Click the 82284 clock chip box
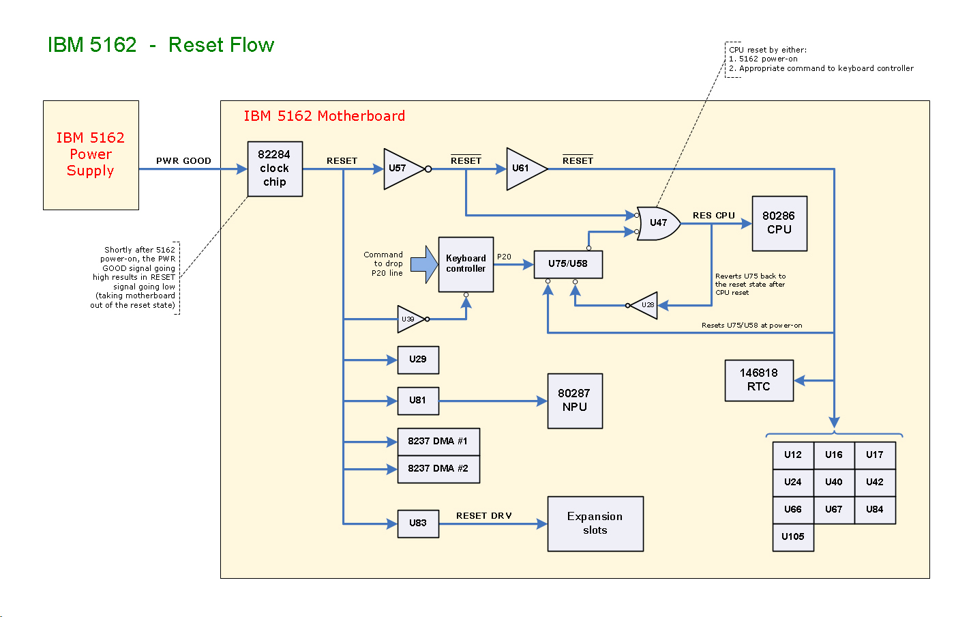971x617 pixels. tap(275, 169)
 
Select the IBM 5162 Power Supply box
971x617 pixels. tap(91, 155)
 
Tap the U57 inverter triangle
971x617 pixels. tap(402, 169)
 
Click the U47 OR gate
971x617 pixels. tap(657, 223)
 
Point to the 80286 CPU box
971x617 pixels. tap(779, 223)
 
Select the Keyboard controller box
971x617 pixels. tap(466, 264)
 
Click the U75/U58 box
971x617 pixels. tap(568, 264)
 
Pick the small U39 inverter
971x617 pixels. tap(409, 319)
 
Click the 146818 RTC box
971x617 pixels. tap(759, 380)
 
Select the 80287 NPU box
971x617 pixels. tap(575, 401)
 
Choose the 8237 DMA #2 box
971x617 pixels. tap(438, 469)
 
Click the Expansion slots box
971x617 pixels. tap(595, 523)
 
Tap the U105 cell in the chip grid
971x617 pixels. tap(793, 537)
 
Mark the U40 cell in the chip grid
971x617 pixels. tap(834, 483)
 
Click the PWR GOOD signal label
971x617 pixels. tap(183, 161)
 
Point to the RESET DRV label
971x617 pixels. tap(484, 516)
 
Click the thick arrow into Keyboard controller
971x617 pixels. tap(424, 264)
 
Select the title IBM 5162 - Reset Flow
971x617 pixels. tap(161, 45)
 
